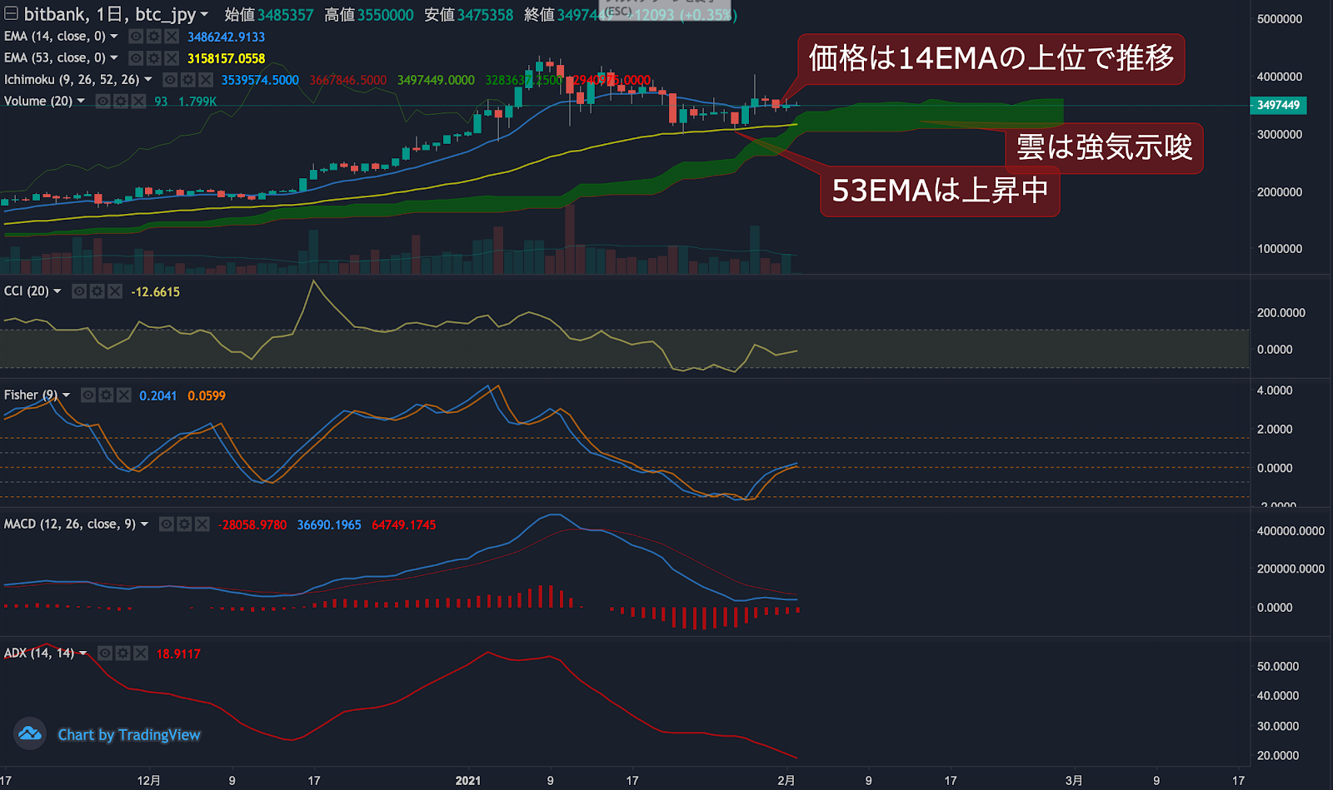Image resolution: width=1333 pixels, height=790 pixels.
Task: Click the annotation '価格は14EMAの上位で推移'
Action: point(991,58)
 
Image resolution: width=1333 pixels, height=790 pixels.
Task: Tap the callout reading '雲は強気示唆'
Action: point(1104,148)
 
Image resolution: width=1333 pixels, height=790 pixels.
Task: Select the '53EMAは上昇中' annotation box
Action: point(940,191)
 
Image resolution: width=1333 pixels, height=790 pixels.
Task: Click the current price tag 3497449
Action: point(1278,105)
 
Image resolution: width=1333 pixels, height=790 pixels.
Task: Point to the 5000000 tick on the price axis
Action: point(1279,19)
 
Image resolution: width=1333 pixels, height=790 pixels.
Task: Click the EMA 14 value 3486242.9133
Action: point(226,37)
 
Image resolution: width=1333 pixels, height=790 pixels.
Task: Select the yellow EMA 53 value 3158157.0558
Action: point(226,58)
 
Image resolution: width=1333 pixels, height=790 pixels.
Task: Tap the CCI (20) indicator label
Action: point(27,291)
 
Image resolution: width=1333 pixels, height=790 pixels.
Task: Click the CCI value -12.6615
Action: point(155,292)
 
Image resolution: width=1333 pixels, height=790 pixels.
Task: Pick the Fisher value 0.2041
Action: point(157,396)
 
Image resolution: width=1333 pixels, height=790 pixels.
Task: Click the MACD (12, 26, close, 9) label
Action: point(70,524)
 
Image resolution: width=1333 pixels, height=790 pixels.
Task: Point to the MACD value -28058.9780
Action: point(252,525)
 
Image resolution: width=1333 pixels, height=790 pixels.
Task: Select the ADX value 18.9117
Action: point(178,654)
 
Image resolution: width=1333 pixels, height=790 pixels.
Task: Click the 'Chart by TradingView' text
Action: point(129,735)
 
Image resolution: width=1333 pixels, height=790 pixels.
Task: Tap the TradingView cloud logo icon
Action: point(30,733)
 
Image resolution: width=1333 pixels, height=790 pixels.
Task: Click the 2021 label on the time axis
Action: point(468,780)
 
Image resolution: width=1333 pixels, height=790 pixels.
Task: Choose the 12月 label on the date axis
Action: point(149,780)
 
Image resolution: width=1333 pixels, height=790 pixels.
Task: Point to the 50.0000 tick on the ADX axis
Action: point(1278,667)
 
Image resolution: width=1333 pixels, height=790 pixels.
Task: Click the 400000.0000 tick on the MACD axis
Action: point(1290,531)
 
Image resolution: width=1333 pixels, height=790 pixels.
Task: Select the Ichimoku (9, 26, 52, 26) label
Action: point(72,80)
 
